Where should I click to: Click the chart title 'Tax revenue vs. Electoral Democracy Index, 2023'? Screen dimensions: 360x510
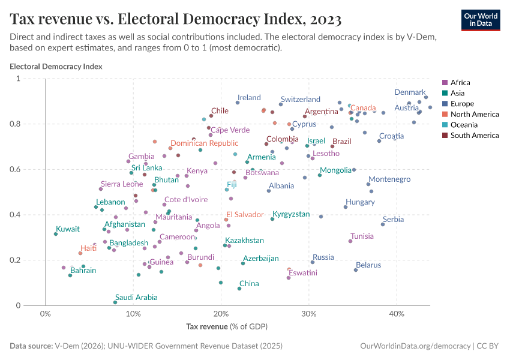click(x=176, y=19)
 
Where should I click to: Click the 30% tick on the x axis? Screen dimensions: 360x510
click(x=309, y=314)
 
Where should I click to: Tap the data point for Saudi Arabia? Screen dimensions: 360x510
click(x=115, y=302)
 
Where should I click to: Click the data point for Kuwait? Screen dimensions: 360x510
click(x=56, y=234)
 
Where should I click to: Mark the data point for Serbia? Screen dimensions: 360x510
click(x=383, y=224)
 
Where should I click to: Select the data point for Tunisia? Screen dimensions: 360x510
click(x=350, y=241)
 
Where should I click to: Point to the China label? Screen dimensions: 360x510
click(x=249, y=284)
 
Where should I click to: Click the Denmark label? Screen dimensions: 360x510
click(x=409, y=92)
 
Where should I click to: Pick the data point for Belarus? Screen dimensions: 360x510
click(x=356, y=270)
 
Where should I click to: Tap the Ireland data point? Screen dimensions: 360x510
click(x=238, y=103)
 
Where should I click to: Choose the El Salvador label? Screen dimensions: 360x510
click(x=244, y=214)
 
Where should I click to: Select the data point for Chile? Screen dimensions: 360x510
click(x=211, y=116)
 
